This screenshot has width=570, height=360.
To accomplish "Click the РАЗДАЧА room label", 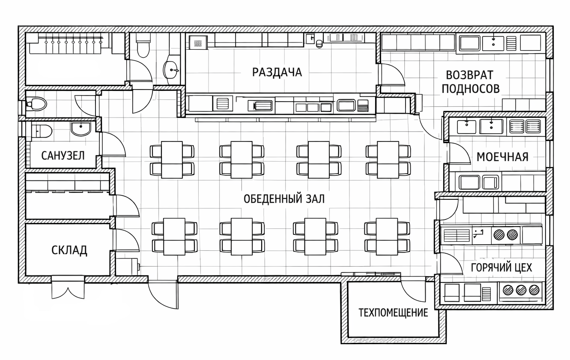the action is (x=277, y=72).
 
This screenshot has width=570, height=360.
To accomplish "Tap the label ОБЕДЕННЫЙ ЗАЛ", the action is (x=284, y=199).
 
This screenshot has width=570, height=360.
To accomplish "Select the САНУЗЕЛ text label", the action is (x=63, y=156).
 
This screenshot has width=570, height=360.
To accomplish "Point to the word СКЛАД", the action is (x=69, y=251).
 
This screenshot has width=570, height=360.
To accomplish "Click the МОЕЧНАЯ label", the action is (x=502, y=157).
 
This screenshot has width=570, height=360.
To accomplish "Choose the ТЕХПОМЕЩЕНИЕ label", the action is (x=393, y=312).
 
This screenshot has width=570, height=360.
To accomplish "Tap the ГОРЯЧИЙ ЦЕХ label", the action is (x=501, y=267).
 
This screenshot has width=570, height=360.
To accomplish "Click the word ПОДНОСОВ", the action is (x=471, y=89).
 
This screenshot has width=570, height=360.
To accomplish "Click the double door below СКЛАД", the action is (x=68, y=287).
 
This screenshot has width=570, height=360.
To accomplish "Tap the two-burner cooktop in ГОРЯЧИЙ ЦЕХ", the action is (x=505, y=234).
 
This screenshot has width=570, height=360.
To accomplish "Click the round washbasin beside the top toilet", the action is (x=171, y=70).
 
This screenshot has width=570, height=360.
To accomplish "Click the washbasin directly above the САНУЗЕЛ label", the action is (x=81, y=129).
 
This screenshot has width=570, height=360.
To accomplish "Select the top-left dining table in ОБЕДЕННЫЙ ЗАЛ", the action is (x=172, y=160).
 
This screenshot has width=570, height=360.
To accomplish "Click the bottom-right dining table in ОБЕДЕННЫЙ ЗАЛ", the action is (x=387, y=237).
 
